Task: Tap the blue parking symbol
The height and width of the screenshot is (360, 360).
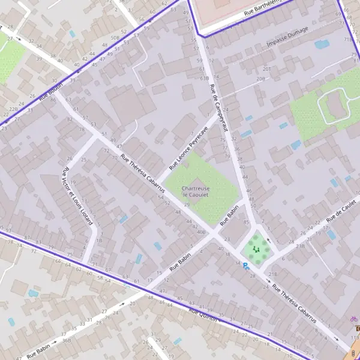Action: pyautogui.click(x=245, y=265)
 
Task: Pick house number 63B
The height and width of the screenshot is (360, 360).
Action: pyautogui.click(x=205, y=77)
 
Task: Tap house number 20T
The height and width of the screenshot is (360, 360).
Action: pyautogui.click(x=267, y=70)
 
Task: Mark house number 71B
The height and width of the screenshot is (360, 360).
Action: pyautogui.click(x=348, y=40)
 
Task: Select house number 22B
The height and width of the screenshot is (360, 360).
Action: pyautogui.click(x=14, y=109)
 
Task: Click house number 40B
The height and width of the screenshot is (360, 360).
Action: pyautogui.click(x=200, y=232)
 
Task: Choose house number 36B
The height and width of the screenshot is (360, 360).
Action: pyautogui.click(x=66, y=340)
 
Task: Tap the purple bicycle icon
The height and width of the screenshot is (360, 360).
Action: pyautogui.click(x=354, y=319)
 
